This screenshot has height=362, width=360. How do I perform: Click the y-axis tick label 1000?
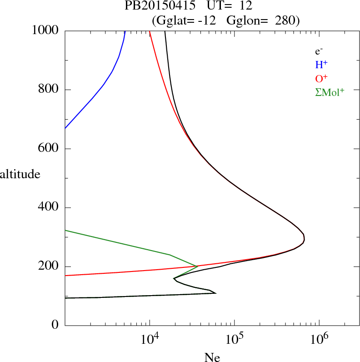click(x=45, y=30)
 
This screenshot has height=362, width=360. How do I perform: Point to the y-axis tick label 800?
click(x=49, y=90)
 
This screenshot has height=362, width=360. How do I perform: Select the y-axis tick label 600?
click(x=49, y=149)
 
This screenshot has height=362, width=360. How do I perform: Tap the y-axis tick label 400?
click(x=49, y=208)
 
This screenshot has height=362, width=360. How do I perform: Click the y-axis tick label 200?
click(x=49, y=266)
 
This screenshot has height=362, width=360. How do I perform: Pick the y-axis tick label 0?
click(x=55, y=326)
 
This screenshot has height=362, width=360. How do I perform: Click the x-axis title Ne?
click(x=213, y=357)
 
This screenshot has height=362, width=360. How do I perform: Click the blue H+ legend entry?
click(x=322, y=65)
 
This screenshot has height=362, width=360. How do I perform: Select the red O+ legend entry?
click(x=322, y=78)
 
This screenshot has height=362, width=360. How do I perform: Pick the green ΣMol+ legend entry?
click(x=330, y=92)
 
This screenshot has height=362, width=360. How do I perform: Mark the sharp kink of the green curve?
click(x=197, y=266)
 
